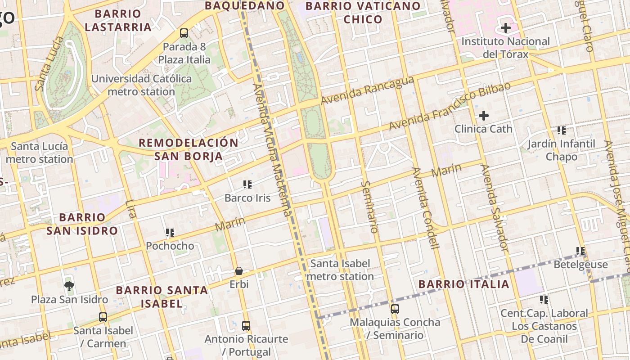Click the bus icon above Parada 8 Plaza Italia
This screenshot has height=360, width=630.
pyautogui.click(x=184, y=33)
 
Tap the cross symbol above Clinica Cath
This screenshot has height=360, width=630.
pyautogui.click(x=484, y=116)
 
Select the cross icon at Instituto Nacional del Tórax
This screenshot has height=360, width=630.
pyautogui.click(x=506, y=28)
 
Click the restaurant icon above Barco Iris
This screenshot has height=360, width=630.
pyautogui.click(x=247, y=184)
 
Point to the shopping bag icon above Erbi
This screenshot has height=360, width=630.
pyautogui.click(x=239, y=271)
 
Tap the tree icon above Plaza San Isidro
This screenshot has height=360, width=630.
pyautogui.click(x=69, y=286)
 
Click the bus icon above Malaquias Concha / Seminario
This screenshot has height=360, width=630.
pyautogui.click(x=395, y=309)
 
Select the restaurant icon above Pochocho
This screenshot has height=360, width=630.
pyautogui.click(x=170, y=233)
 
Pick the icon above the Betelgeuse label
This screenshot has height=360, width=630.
pyautogui.click(x=580, y=251)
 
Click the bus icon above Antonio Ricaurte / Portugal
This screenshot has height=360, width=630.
pyautogui.click(x=246, y=325)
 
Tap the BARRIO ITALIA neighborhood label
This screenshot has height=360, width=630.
pyautogui.click(x=463, y=284)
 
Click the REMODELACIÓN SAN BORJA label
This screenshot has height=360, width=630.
pyautogui.click(x=189, y=149)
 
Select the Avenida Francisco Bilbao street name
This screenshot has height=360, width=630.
pyautogui.click(x=450, y=106)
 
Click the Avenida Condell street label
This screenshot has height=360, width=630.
pyautogui.click(x=425, y=208)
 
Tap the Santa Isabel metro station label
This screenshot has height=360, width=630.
pyautogui.click(x=340, y=270)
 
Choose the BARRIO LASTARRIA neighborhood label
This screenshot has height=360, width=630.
pyautogui.click(x=118, y=21)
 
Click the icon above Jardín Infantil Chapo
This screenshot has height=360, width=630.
pyautogui.click(x=561, y=130)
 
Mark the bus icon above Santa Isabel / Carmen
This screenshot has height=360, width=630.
pyautogui.click(x=103, y=317)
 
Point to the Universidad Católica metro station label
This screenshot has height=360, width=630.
pyautogui.click(x=141, y=85)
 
